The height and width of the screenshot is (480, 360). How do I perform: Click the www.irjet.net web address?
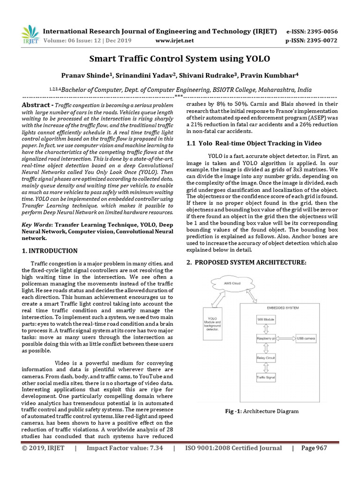tap(174, 41)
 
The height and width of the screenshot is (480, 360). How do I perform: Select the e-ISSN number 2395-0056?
tap(321, 32)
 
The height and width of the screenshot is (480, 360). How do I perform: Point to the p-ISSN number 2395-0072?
tap(321, 41)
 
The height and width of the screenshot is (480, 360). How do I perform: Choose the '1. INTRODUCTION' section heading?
tap(50, 251)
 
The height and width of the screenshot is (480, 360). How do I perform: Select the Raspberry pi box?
tap(265, 338)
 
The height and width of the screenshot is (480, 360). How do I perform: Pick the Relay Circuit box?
tap(265, 358)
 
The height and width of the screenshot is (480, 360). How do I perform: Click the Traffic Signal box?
tap(265, 377)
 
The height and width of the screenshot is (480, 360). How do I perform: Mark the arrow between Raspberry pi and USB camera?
tap(285, 338)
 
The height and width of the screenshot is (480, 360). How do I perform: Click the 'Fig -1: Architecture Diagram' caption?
tap(262, 411)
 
